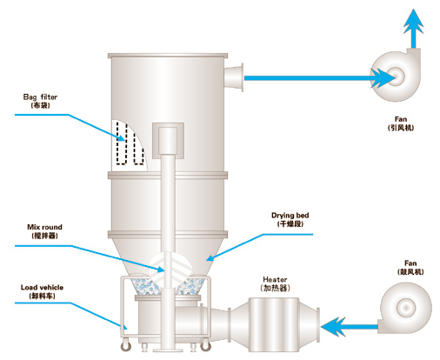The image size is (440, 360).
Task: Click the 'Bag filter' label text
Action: pos(40,97)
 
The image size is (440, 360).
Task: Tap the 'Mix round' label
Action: pos(44,227)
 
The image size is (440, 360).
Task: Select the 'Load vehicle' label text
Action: pos(42,288)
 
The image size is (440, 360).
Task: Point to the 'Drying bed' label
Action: pos(290,216)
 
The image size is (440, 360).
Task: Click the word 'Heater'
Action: pos(275,280)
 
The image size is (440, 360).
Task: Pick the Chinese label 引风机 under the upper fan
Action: pos(401,128)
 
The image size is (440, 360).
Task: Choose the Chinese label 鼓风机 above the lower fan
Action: pos(410,271)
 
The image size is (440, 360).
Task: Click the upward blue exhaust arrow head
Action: pos(414,21)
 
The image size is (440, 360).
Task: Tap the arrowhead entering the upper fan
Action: pos(383,78)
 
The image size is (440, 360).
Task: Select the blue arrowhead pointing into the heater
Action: pos(333,327)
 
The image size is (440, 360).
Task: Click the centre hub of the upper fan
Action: pos(397,76)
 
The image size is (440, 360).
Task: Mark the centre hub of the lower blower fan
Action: pos(405,308)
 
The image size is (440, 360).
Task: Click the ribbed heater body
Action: pos(274,324)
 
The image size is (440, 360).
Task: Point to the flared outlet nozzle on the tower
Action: pos(234,77)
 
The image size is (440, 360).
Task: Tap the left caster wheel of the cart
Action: pos(126,346)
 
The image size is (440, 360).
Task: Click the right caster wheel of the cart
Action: pos(205,345)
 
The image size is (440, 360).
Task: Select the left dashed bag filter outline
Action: pos(122,143)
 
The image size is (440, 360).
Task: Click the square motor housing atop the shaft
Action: pos(168,141)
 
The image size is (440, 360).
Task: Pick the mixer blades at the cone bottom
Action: pos(170,269)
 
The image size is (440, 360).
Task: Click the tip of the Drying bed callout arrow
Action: pos(206,261)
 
